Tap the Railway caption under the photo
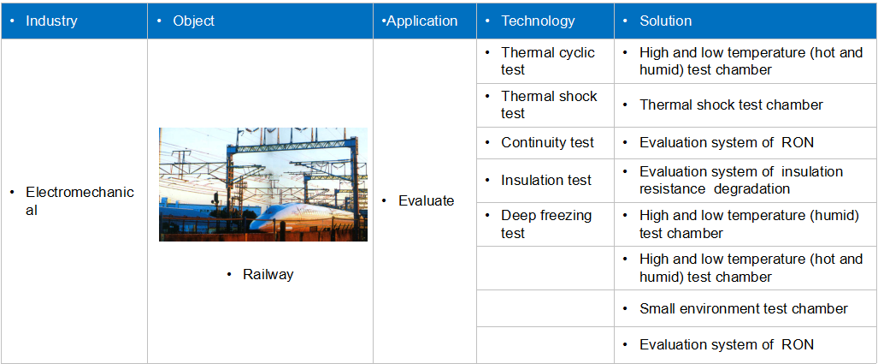(x=268, y=275)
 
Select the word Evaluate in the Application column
(x=426, y=200)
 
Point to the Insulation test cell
(x=546, y=180)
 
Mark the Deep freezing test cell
(x=546, y=224)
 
